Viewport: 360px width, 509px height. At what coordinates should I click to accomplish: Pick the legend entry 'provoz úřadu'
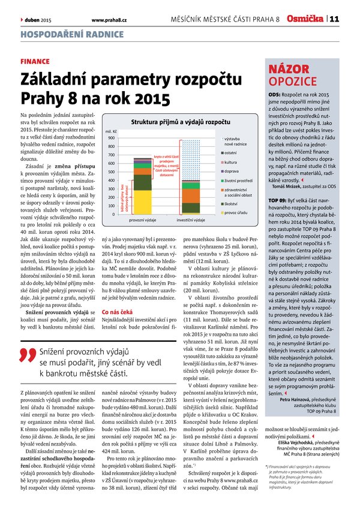click(x=238, y=213)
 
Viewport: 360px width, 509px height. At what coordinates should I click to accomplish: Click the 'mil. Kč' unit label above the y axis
click(x=111, y=131)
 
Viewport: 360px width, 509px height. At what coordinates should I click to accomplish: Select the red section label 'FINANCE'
click(x=34, y=62)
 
